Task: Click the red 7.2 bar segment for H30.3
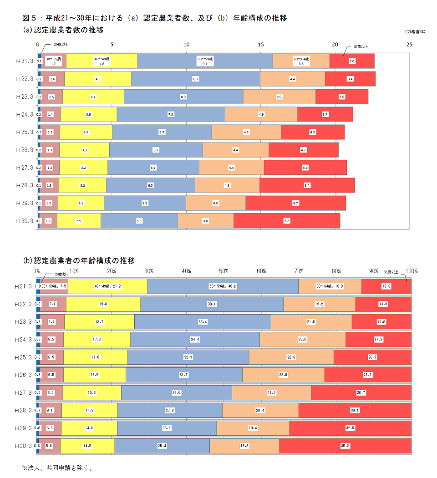[x=287, y=221]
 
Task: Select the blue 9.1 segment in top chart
[x=205, y=61]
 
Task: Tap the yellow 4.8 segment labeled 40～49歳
[x=102, y=61]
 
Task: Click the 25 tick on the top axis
[x=409, y=45]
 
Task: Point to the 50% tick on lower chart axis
[x=224, y=271]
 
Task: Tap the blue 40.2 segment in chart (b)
[x=223, y=286]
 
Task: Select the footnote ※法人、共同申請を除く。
[x=57, y=468]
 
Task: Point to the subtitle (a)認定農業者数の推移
[x=63, y=30]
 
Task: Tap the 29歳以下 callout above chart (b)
[x=62, y=274]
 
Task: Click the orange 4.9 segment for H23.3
[x=279, y=97]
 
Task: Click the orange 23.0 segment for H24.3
[x=302, y=340]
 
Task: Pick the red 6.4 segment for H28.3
[x=307, y=185]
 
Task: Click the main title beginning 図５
[x=154, y=18]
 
